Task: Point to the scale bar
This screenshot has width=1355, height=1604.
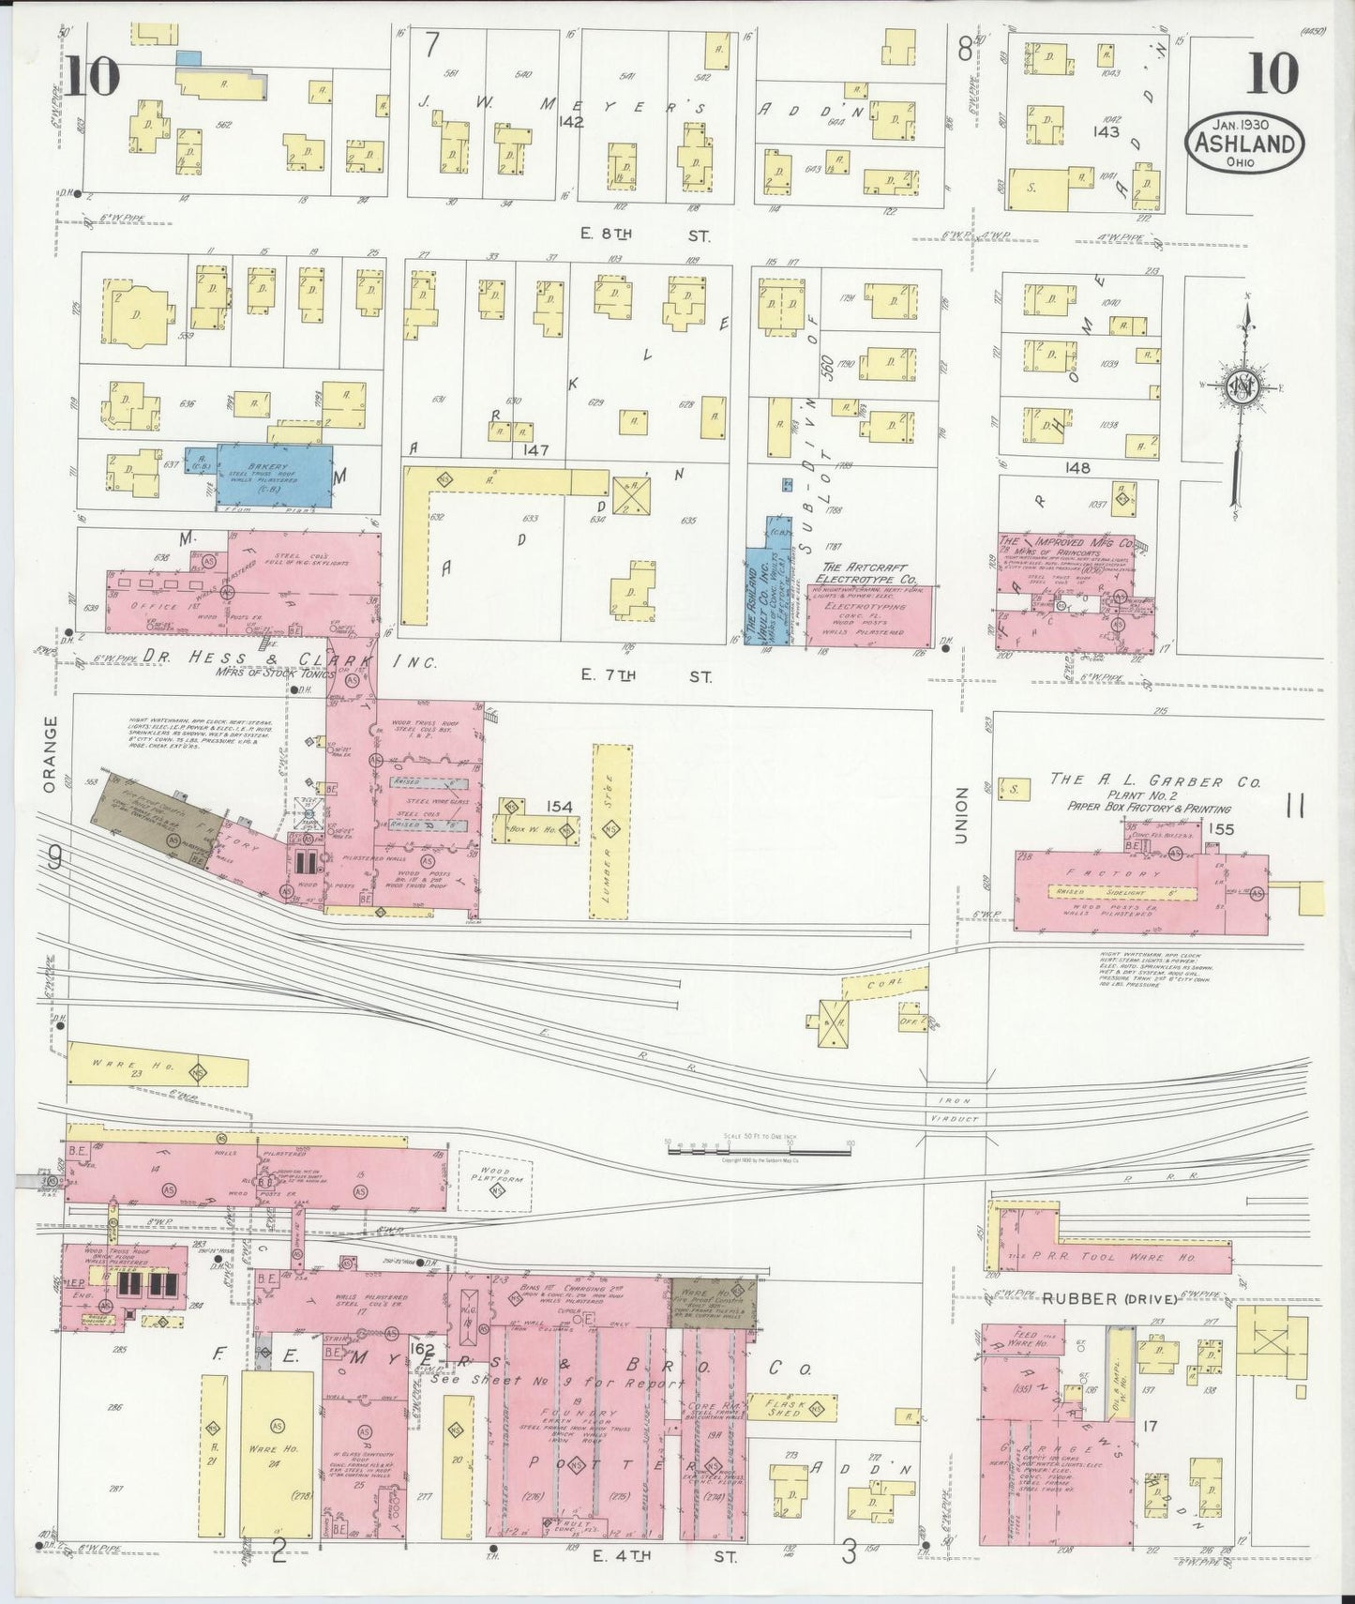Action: (759, 1148)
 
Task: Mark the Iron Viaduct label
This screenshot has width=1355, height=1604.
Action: (956, 1110)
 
